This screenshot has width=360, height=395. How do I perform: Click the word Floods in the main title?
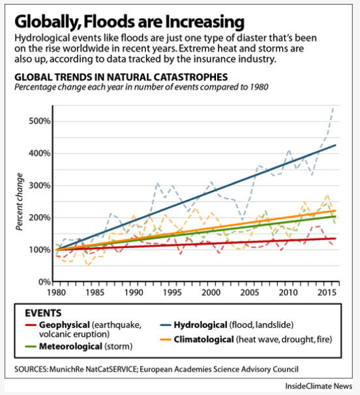tap(110, 22)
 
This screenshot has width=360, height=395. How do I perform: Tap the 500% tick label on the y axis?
tap(40, 121)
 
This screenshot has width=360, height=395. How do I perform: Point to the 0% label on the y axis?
tap(44, 282)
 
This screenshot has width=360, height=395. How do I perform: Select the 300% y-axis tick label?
tap(40, 185)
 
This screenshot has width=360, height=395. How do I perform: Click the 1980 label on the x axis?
tap(56, 292)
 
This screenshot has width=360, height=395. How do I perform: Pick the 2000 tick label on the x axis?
tap(211, 292)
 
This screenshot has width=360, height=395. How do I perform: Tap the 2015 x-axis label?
tap(327, 292)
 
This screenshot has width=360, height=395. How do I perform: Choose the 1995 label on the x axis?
tap(172, 292)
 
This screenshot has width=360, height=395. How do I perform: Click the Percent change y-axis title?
tap(20, 202)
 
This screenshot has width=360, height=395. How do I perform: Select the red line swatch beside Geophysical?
tap(31, 325)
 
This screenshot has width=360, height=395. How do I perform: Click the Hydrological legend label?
tap(200, 325)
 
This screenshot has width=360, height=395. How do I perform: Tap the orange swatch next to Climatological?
tap(166, 340)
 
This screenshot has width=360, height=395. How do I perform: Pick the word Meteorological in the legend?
tap(70, 347)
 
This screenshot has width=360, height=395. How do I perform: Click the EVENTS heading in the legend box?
tap(43, 313)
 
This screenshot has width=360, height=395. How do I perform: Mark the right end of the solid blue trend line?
tap(336, 145)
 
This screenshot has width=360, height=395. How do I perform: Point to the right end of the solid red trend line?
tap(336, 238)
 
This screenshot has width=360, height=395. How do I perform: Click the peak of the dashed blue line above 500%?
tap(333, 107)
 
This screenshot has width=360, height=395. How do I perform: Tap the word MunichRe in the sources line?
tap(67, 370)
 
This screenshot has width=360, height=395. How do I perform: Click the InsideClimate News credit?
tap(318, 386)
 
